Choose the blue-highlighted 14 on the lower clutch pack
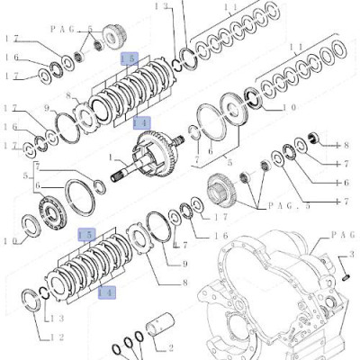click(105, 292)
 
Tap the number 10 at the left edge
click(8, 240)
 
